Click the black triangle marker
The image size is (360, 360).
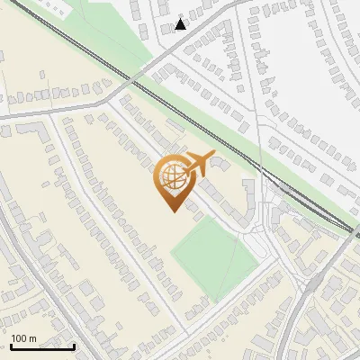(181, 23)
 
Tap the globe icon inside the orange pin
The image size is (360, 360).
(171, 178)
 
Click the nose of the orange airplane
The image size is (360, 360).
(212, 157)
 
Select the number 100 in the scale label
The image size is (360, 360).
(20, 338)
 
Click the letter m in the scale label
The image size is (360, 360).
(32, 338)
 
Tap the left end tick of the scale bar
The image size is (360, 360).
(10, 345)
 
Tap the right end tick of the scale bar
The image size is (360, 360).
(74, 345)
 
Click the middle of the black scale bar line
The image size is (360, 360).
(41, 346)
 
